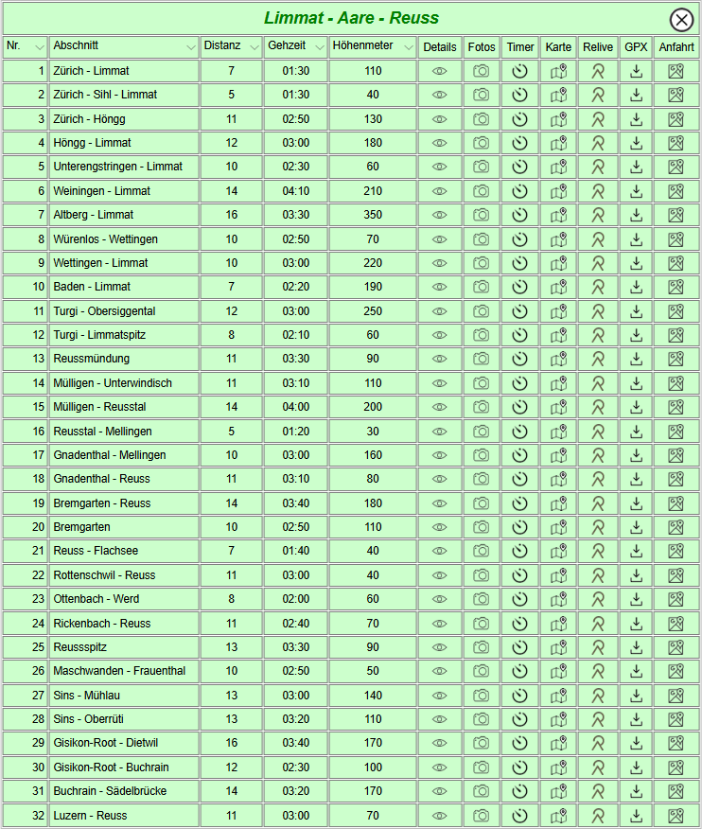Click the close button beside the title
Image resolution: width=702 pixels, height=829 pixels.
(x=680, y=19)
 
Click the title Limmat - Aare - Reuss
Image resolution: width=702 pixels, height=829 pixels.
(x=351, y=18)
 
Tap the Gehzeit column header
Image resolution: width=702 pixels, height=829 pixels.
(x=287, y=46)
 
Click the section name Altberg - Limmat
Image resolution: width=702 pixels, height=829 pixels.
(x=94, y=215)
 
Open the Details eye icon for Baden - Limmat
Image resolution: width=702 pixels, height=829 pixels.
(x=439, y=287)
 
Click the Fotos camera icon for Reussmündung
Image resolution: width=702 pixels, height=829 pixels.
(x=482, y=359)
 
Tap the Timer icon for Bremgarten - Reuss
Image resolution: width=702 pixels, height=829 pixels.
(x=519, y=503)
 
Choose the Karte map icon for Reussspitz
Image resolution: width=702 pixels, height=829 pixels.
(x=558, y=647)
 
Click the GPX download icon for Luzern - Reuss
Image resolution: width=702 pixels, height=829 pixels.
(x=637, y=816)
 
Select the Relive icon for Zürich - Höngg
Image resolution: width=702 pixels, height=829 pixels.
(x=598, y=119)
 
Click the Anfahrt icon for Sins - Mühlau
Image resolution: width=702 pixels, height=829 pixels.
(x=676, y=696)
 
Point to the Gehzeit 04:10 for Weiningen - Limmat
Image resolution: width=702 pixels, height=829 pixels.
(x=296, y=191)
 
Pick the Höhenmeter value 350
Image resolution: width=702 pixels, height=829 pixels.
(x=373, y=215)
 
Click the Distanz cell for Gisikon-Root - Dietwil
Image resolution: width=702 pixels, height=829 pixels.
(x=231, y=743)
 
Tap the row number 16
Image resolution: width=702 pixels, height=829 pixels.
(x=39, y=432)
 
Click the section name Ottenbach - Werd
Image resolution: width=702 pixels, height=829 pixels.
(x=97, y=599)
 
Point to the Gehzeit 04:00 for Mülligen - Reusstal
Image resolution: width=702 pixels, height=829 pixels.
(x=296, y=407)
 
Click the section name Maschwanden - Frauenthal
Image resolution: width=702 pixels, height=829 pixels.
(x=119, y=671)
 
